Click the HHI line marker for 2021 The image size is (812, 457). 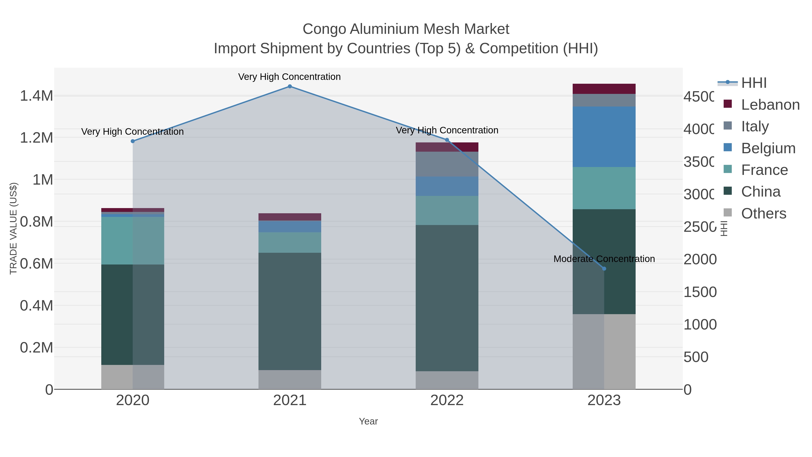[290, 86]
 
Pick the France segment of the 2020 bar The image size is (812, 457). [132, 240]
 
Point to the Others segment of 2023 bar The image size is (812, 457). [604, 351]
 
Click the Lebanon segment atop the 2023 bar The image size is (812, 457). [604, 89]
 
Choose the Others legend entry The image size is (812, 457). [763, 213]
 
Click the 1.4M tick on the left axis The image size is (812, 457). [36, 96]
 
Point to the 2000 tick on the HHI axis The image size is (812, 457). [699, 260]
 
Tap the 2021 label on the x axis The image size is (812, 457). [290, 401]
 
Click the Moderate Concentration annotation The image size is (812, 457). [604, 259]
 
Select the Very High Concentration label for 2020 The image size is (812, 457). [132, 132]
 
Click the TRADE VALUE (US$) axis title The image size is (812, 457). [13, 228]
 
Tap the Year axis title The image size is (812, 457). [368, 421]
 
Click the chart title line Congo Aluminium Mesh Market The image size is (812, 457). [406, 29]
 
